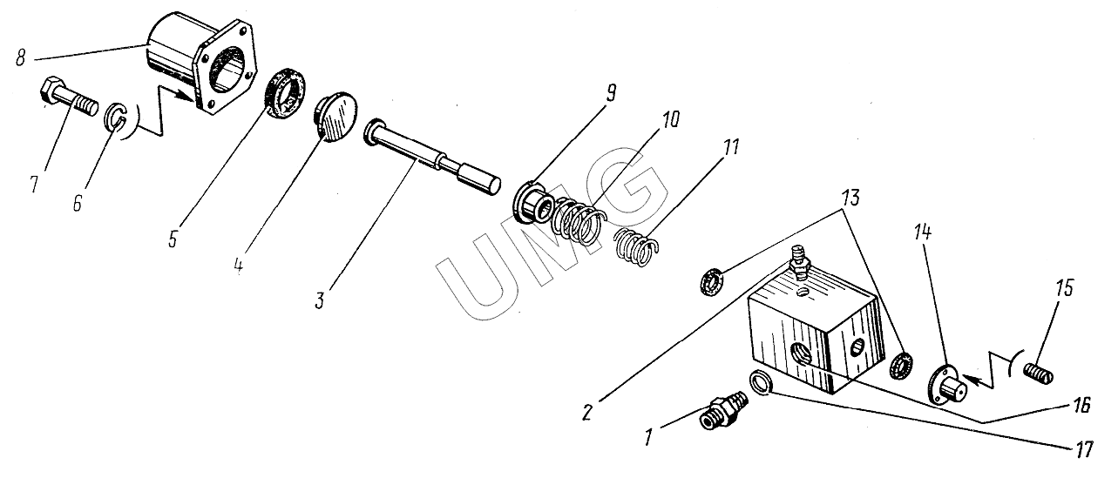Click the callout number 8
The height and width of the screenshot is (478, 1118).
pos(20,57)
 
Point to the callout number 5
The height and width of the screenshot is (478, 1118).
pos(173,239)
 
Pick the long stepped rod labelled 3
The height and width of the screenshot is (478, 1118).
pos(432,156)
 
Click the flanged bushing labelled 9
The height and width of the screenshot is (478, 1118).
pos(533,202)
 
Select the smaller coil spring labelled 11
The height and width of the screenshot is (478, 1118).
pos(636,246)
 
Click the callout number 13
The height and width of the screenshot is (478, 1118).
pos(851,199)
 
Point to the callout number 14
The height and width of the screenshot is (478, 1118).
pos(923,232)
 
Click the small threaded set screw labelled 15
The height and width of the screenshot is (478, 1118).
pos(1038,373)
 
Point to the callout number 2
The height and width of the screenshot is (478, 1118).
pos(587,412)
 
